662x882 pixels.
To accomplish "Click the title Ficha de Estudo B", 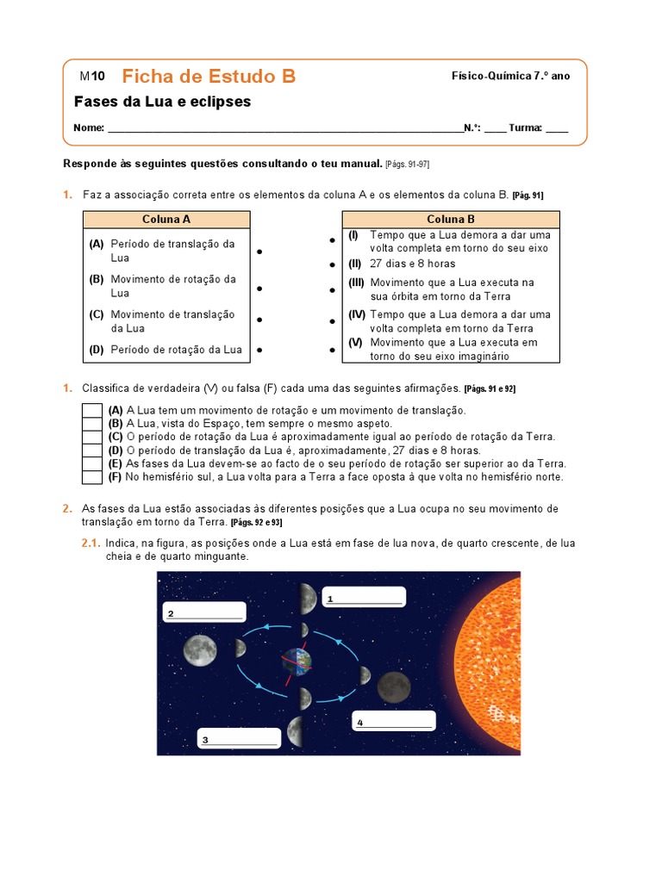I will click(209, 77).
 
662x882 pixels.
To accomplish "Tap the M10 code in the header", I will click(92, 77).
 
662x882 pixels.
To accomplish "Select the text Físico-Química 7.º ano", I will click(510, 76).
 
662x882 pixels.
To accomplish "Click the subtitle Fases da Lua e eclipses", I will click(162, 102).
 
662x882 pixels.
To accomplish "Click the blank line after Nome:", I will click(284, 127).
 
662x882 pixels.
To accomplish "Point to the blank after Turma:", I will click(557, 127).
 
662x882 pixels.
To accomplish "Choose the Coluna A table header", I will click(166, 220).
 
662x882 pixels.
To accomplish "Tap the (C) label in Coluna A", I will click(97, 314).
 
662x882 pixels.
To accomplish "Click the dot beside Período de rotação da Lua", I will click(259, 351).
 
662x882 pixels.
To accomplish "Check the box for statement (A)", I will click(91, 410).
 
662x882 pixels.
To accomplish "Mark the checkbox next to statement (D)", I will click(91, 450).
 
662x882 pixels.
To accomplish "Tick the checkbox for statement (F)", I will click(91, 476).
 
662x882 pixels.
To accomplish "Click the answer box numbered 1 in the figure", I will click(363, 597).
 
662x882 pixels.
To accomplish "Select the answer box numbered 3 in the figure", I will click(239, 738).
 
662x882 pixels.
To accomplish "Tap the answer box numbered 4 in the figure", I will click(394, 721).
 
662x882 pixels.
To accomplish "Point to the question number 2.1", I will click(91, 543).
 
